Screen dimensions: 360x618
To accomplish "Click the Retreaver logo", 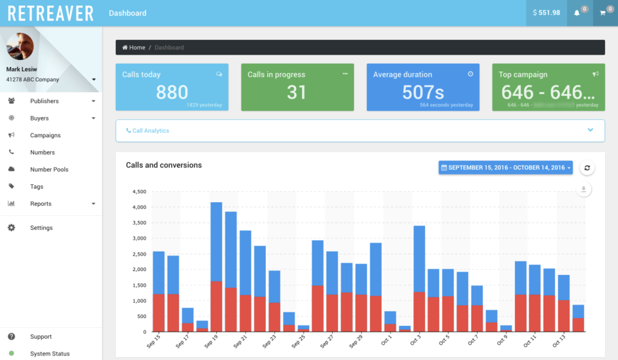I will coord(50,13).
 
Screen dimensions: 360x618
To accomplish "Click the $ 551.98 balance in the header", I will coord(546,13).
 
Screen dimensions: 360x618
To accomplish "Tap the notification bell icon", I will coord(577,13).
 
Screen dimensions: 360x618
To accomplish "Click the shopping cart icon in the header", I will coord(603,13).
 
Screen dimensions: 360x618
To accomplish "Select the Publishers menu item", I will coord(44,101).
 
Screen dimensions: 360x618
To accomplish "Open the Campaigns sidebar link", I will coord(45,135).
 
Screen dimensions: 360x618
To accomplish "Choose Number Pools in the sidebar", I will coord(49,169).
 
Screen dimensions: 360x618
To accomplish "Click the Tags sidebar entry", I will coord(37,187).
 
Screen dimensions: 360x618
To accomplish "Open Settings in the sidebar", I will coord(41,228).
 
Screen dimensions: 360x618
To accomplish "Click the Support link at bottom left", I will coord(41,337).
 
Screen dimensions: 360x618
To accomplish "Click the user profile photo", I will coord(20,46).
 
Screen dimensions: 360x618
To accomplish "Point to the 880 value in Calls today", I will coord(172,92).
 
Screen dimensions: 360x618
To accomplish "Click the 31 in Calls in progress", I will coord(296,92).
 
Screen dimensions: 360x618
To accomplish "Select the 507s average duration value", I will coord(422,92).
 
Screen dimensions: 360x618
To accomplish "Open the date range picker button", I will coord(505,168).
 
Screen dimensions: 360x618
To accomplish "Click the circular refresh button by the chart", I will coord(586,168).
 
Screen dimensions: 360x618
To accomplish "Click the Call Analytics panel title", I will coord(151,131).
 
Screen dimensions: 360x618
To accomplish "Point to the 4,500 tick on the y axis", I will coord(139,192).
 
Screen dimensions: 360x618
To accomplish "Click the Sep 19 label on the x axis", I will coord(212,341).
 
